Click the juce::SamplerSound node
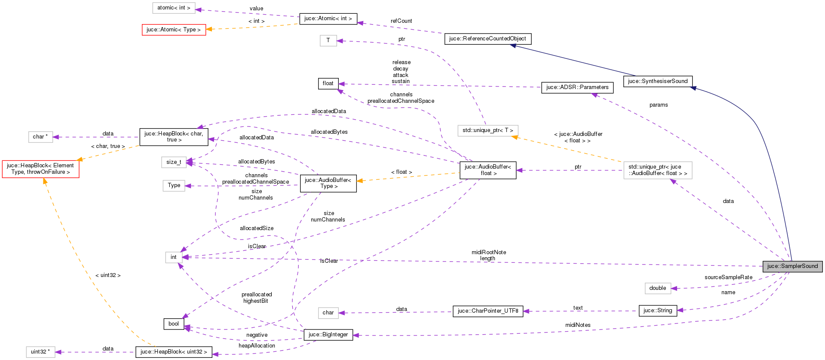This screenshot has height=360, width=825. point(792,266)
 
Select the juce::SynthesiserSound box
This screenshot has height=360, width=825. point(657,81)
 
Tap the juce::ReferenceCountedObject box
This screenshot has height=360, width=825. point(488,39)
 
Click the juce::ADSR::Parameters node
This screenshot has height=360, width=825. point(577,87)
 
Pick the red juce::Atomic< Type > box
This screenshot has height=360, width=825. point(174,30)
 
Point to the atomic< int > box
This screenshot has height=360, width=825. point(174,8)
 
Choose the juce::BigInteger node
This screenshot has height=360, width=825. point(328,335)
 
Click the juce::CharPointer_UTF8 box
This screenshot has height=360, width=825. point(488,311)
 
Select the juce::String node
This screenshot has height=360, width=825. point(657,311)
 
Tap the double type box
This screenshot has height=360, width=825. point(657,288)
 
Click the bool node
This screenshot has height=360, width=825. point(174,324)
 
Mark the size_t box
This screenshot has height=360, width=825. point(174,162)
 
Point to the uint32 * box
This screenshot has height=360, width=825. point(40,352)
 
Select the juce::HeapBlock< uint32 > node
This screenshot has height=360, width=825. point(174,352)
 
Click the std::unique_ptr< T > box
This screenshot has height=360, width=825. point(488,130)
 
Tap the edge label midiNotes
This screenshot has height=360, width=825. point(577,325)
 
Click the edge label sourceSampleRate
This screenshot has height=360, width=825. point(728,277)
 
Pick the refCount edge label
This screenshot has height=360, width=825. point(401,21)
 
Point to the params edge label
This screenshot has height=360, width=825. point(658,105)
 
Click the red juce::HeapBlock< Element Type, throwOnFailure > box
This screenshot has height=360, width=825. point(40,169)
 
